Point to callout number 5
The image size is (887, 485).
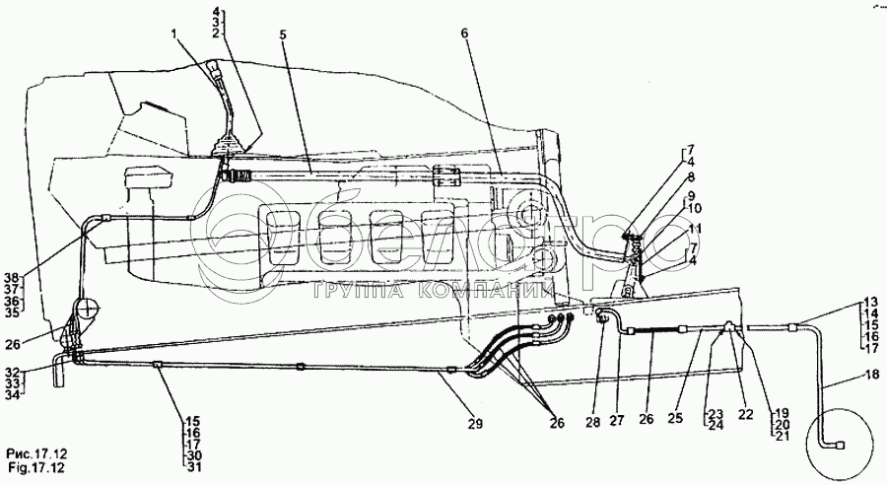282,35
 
